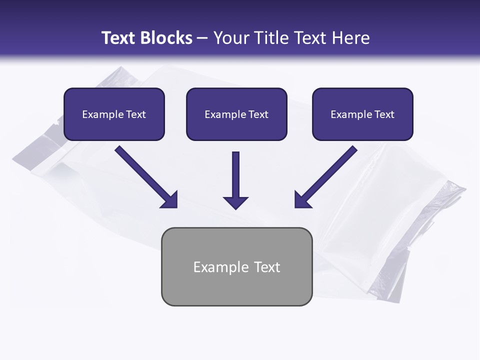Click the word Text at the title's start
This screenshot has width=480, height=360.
tap(119, 38)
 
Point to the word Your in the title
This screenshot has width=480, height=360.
tap(230, 38)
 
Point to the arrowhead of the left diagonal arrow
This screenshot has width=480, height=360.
tap(170, 200)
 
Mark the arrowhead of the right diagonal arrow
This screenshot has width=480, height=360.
tap(302, 200)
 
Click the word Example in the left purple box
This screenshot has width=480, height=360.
tap(102, 114)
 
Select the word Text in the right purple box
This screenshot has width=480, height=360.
tap(384, 114)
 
